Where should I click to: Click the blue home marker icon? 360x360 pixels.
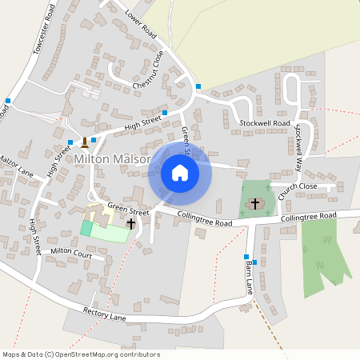tap(179, 172)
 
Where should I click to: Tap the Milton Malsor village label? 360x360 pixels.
tap(111, 159)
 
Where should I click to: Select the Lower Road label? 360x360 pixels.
tap(141, 24)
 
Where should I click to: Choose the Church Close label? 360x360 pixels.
tap(298, 186)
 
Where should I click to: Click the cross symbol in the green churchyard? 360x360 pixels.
tap(255, 204)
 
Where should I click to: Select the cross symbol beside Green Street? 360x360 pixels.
tap(130, 226)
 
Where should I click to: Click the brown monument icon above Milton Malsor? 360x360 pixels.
tap(84, 143)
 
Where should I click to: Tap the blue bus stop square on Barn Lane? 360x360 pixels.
tap(246, 257)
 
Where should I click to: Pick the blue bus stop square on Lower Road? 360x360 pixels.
tap(198, 86)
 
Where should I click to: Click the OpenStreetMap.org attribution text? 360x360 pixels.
tap(112, 354)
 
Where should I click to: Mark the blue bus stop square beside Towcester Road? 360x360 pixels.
tap(8, 101)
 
